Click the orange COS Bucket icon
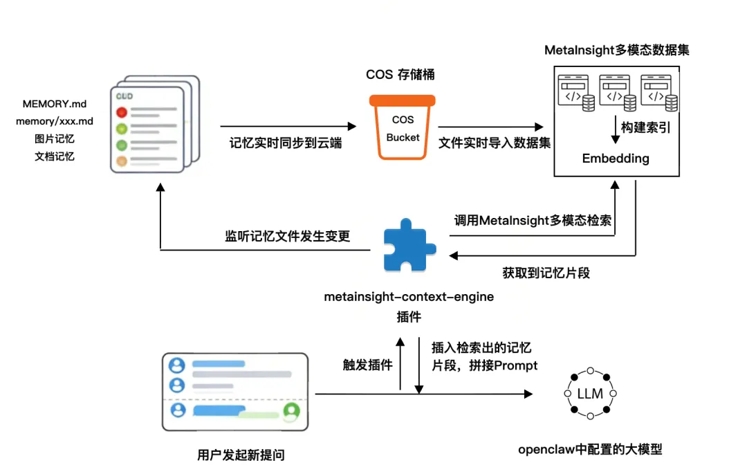pos(403,127)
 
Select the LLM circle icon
pos(590,394)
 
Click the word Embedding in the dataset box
pos(616,158)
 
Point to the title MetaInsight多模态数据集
pos(616,51)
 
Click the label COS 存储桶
pos(400,75)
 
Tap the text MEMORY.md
pos(55,104)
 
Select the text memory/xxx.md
pos(55,121)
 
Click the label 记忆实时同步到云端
pos(286,143)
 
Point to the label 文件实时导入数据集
pos(495,143)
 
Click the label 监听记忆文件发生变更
pos(287,236)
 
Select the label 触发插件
pos(368,365)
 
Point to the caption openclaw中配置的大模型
pos(590,449)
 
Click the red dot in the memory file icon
pos(122,112)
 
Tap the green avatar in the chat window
pos(291,411)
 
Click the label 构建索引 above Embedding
pos(645,128)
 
